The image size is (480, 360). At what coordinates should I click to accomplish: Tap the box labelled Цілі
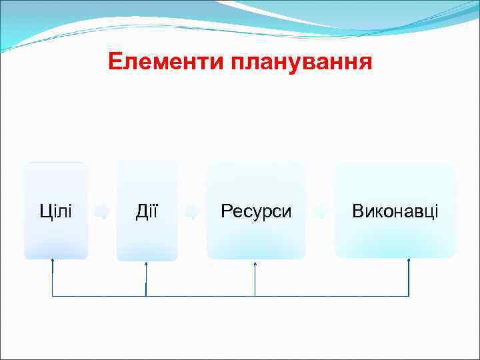click(56, 211)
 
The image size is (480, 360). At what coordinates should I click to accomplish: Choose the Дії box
click(147, 211)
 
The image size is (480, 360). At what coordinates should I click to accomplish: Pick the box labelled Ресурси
click(256, 211)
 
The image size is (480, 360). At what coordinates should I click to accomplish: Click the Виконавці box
click(395, 211)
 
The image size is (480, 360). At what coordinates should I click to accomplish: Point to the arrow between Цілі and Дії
click(102, 212)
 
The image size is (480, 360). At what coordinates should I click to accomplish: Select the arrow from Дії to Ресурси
click(192, 212)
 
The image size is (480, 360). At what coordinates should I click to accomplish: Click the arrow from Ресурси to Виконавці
click(320, 212)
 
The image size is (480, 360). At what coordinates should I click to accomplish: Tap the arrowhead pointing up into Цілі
click(53, 261)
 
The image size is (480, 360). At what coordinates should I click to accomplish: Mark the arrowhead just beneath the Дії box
click(146, 263)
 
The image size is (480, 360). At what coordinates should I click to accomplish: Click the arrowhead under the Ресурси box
click(255, 263)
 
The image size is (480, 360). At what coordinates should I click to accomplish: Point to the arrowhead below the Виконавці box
click(409, 261)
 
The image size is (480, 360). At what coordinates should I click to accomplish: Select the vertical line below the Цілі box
click(53, 280)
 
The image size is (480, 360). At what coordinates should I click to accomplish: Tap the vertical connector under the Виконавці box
click(409, 280)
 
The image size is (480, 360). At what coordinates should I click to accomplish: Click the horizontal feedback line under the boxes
click(200, 296)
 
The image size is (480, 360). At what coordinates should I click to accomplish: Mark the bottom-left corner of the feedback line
click(53, 296)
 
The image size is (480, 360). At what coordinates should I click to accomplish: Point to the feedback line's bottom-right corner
click(409, 296)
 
